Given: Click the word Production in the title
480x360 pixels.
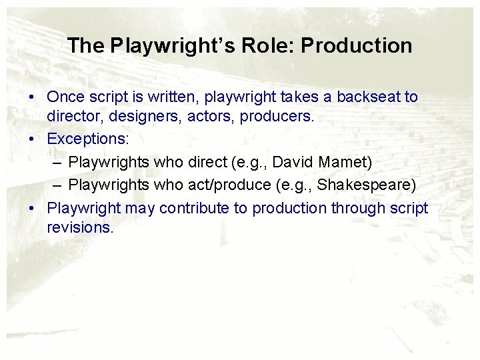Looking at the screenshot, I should [x=357, y=46].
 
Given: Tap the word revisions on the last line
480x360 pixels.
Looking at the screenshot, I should [x=81, y=227].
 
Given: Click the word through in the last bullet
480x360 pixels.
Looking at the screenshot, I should [x=354, y=208].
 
